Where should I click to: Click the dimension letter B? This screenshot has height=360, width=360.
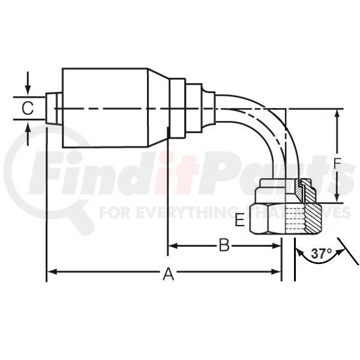(224, 245)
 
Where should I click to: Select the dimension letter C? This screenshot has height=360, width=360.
(28, 108)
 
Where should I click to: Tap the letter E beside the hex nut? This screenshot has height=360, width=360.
(239, 221)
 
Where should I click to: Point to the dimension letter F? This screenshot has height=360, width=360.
(337, 163)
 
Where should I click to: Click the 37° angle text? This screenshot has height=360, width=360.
(321, 254)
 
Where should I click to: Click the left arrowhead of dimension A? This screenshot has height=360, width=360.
(52, 272)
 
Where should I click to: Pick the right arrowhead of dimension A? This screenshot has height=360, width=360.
(276, 272)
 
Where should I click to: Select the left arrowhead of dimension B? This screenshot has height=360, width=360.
(173, 246)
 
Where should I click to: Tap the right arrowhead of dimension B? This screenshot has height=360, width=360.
(276, 246)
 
